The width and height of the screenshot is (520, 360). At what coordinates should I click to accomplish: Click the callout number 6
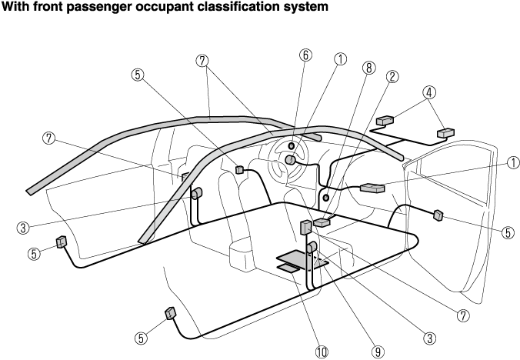pyautogui.click(x=305, y=55)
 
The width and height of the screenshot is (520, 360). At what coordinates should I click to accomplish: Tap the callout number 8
pyautogui.click(x=369, y=68)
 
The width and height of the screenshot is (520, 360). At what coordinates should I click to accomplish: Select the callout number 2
pyautogui.click(x=392, y=76)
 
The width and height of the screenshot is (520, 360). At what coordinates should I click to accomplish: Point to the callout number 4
pyautogui.click(x=429, y=92)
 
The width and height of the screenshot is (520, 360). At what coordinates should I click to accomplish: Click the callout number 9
pyautogui.click(x=377, y=350)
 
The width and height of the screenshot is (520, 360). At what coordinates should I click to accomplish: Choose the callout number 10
pyautogui.click(x=321, y=351)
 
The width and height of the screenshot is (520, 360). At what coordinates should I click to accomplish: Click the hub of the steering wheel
pyautogui.click(x=291, y=160)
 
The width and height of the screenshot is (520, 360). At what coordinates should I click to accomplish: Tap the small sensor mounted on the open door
pyautogui.click(x=438, y=215)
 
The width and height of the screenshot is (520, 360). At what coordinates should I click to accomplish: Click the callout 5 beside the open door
pyautogui.click(x=507, y=232)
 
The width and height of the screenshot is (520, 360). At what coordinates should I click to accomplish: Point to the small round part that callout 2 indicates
pyautogui.click(x=326, y=198)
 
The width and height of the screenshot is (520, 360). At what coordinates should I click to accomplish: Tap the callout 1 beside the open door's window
pyautogui.click(x=512, y=162)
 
